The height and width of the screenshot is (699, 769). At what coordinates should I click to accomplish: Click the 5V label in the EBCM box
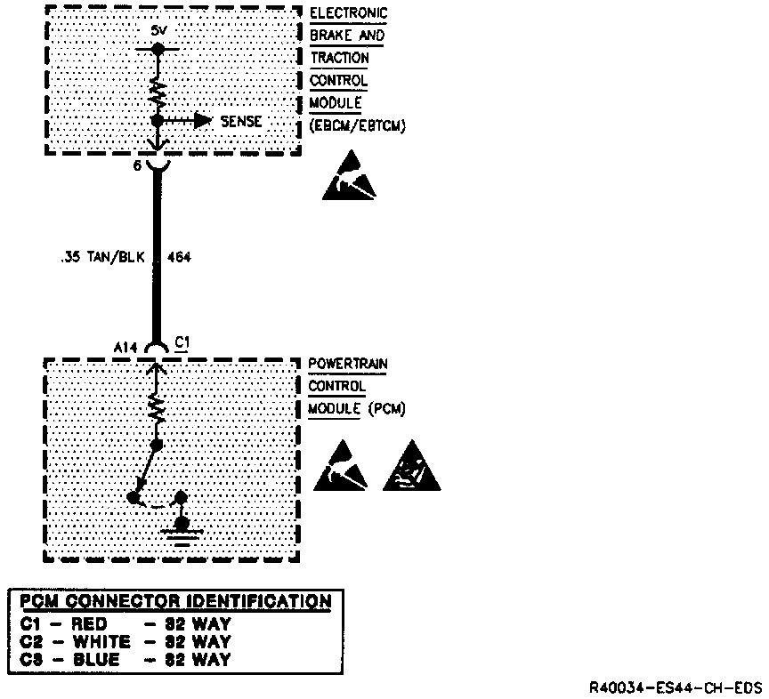click(158, 29)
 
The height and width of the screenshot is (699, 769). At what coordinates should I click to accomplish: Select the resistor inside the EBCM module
click(158, 90)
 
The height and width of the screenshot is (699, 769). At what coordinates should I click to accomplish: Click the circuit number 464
click(178, 257)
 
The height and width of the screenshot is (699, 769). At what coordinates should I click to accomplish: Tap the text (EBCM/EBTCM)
click(358, 125)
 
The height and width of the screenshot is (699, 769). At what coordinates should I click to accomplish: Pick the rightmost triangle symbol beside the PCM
click(411, 467)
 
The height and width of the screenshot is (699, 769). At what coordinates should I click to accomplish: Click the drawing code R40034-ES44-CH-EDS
click(676, 688)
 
